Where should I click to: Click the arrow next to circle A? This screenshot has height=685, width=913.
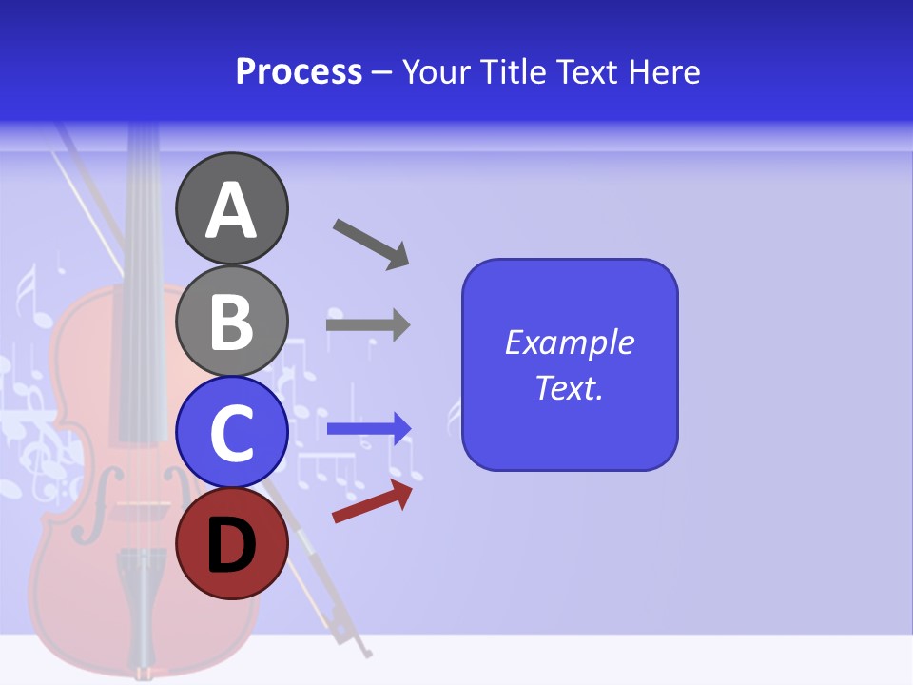pyautogui.click(x=372, y=244)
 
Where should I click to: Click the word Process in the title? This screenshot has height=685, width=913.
pyautogui.click(x=299, y=71)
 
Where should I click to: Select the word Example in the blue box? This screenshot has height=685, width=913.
pyautogui.click(x=569, y=342)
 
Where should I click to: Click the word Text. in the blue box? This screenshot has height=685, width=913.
pyautogui.click(x=569, y=387)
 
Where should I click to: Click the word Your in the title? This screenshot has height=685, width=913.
pyautogui.click(x=437, y=71)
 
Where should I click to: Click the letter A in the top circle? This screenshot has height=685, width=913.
pyautogui.click(x=231, y=210)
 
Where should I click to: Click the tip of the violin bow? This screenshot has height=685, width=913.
pyautogui.click(x=367, y=654)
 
